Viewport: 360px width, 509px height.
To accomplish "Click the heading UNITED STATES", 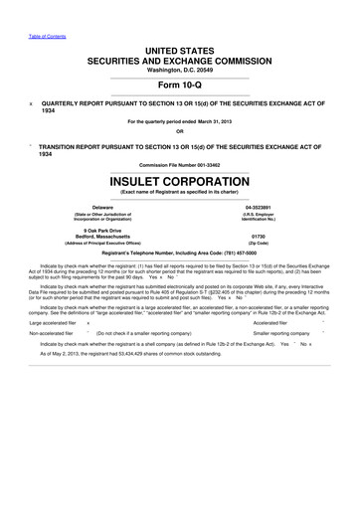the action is point(179,49).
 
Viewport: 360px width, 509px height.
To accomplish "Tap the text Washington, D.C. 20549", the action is point(179,70).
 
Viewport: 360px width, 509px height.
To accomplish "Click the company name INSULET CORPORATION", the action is point(179,182).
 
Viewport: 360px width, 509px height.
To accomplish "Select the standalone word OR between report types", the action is point(179,132).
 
